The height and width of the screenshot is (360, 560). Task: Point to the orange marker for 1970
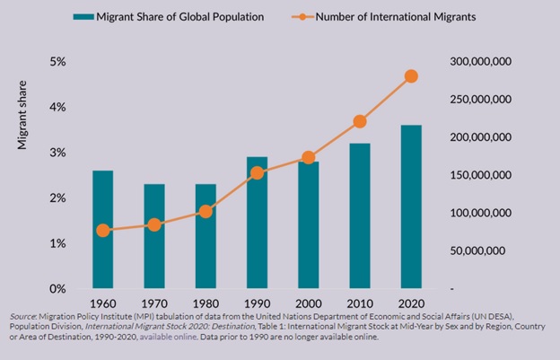(153, 224)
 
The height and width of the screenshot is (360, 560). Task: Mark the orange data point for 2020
(412, 76)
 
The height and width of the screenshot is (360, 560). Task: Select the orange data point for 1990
(256, 172)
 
